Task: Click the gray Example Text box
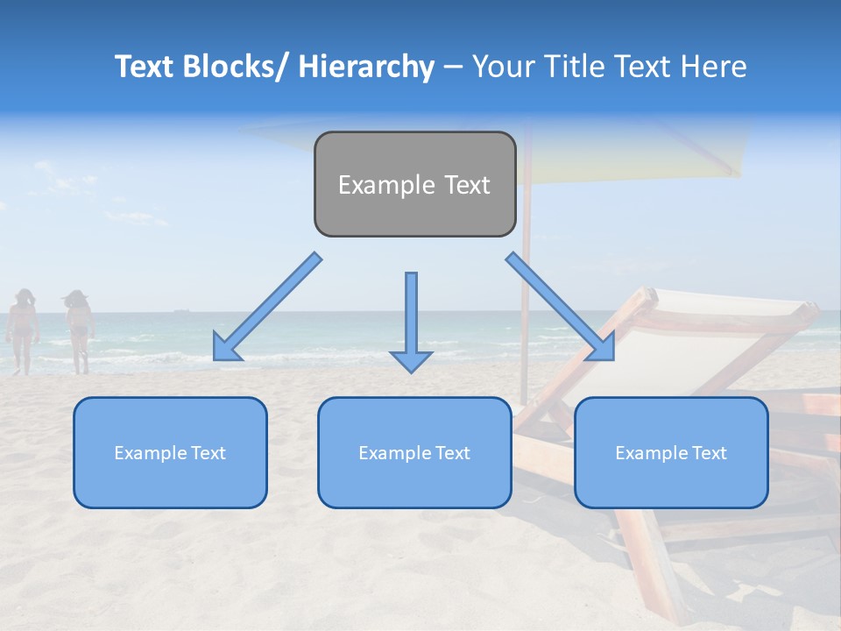click(x=414, y=184)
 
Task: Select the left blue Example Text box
click(x=170, y=452)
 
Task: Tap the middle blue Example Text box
click(x=414, y=452)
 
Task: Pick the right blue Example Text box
click(x=671, y=452)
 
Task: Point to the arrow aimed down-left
click(x=266, y=308)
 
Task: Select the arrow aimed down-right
click(x=561, y=308)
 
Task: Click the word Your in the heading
click(x=503, y=67)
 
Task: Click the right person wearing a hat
click(x=79, y=330)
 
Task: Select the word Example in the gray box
click(x=375, y=184)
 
